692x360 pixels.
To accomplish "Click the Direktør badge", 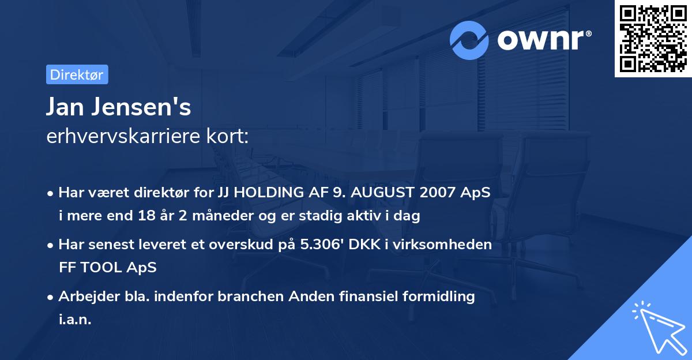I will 77,74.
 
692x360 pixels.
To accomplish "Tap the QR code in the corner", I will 653,39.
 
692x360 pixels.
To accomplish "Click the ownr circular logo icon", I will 469,40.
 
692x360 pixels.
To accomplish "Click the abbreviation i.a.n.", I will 75,320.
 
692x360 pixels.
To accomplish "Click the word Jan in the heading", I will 69,108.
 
